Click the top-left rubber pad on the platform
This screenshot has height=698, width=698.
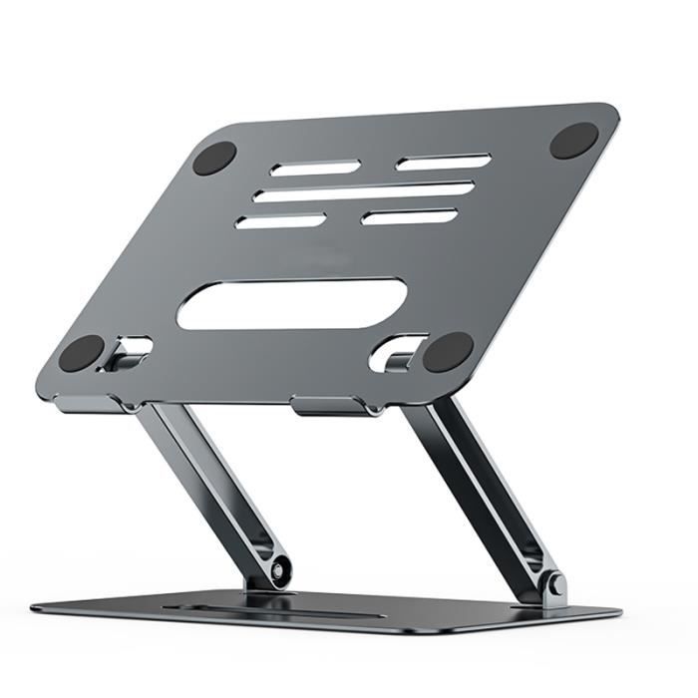click(214, 159)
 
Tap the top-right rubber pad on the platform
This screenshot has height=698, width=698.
click(574, 141)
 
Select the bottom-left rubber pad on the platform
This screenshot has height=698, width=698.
click(82, 353)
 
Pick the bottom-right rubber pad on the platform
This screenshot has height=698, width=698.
click(448, 352)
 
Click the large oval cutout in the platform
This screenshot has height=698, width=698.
click(292, 304)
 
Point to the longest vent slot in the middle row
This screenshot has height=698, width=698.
click(363, 191)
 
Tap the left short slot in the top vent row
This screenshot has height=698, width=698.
click(315, 168)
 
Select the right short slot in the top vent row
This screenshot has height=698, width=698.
click(443, 162)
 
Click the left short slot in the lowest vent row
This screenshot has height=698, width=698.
click(281, 221)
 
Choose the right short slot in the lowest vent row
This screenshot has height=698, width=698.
click(409, 216)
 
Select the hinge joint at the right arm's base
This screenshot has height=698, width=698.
click(552, 585)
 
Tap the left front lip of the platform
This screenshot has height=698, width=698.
click(90, 403)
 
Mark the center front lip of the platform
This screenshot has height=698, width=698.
click(330, 406)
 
